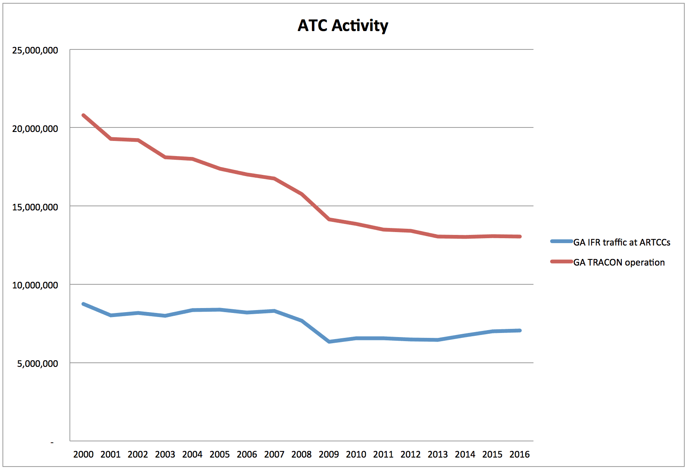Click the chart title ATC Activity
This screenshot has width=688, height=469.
343,25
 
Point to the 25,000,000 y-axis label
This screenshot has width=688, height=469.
35,50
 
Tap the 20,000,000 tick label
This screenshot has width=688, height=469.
35,129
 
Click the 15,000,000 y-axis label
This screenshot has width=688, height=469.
35,207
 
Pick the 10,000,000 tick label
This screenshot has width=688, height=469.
35,285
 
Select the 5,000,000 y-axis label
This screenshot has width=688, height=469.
38,364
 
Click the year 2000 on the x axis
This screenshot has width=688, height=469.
83,454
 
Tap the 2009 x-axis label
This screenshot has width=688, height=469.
329,454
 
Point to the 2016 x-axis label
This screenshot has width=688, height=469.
520,454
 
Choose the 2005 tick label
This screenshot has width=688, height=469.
220,454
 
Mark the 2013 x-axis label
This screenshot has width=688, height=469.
438,454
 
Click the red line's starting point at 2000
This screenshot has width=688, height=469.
83,115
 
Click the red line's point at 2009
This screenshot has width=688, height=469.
329,219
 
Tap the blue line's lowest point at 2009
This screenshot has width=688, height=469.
329,342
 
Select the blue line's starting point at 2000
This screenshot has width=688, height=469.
83,304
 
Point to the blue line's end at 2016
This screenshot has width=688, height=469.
520,331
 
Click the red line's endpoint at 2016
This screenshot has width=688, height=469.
520,237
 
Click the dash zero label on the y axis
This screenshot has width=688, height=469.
52,442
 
